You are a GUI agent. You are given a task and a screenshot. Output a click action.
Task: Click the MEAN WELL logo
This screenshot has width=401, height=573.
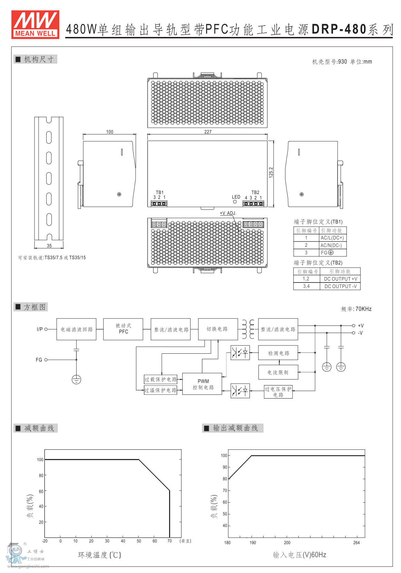(35, 24)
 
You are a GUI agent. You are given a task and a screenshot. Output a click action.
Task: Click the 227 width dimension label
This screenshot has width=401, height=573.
(208, 132)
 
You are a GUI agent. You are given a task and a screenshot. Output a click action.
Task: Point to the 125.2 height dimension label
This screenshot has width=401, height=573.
(271, 172)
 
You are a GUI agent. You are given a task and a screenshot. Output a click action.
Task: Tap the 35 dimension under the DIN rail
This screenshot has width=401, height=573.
(49, 246)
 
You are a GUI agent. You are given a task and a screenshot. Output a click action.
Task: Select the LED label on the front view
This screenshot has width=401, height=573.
(236, 197)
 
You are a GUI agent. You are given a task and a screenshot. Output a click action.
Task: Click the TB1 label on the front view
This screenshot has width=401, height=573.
(159, 192)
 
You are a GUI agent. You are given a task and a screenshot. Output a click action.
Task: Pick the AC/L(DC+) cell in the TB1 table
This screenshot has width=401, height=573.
(332, 238)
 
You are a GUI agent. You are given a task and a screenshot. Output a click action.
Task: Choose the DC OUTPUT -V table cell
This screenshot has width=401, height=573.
(340, 286)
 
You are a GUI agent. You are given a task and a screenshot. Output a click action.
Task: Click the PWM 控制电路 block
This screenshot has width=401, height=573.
(203, 384)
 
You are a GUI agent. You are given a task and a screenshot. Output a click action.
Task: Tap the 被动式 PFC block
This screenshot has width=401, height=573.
(123, 329)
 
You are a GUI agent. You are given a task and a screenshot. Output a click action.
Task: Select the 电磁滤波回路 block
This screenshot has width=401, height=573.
(76, 330)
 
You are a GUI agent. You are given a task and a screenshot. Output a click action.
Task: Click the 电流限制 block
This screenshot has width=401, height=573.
(278, 372)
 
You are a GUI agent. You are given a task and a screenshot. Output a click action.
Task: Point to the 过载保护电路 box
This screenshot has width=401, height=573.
(160, 379)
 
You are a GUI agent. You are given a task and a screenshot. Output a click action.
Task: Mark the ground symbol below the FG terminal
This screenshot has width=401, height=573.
(76, 380)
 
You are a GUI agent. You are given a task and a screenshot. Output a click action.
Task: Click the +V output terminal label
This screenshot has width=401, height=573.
(361, 326)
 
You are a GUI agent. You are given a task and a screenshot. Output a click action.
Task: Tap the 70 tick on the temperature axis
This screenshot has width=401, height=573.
(169, 541)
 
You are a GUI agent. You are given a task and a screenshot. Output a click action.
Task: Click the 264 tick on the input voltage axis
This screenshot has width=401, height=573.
(356, 543)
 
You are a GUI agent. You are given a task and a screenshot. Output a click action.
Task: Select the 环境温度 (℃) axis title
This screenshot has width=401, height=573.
(99, 555)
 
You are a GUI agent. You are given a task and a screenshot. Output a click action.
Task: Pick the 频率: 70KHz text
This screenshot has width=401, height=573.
(356, 309)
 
